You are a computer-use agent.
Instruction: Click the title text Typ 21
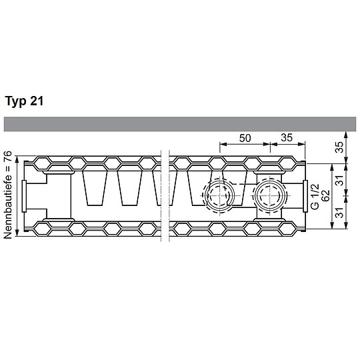pos(25,102)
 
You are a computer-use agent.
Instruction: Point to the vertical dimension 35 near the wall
pos(339,147)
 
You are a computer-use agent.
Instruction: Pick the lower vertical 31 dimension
pos(339,213)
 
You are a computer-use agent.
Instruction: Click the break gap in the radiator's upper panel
pos(165,163)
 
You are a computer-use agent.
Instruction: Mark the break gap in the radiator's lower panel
pos(165,229)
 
